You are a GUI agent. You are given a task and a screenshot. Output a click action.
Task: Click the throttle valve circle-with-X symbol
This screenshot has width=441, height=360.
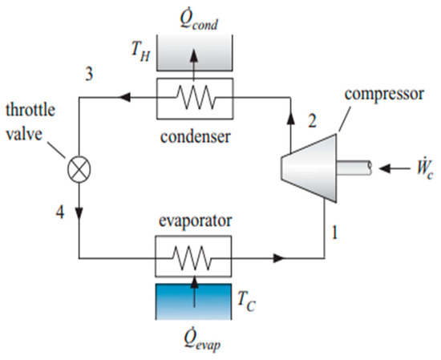(80, 171)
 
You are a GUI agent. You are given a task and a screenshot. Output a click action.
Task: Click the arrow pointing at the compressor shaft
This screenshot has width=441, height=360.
(390, 169)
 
